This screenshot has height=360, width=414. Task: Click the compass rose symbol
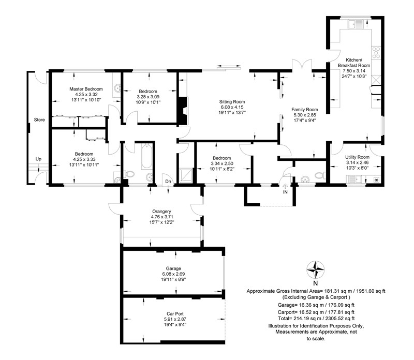pos(315,269)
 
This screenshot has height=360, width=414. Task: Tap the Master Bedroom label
pos(86,89)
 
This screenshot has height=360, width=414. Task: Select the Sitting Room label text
pos(232,101)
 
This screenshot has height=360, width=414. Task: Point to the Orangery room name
pos(161,212)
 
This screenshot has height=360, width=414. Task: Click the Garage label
pos(173,268)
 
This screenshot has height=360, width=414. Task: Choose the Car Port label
pos(175,314)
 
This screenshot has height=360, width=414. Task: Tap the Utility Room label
pos(357,157)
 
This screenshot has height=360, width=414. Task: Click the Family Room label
pos(305,109)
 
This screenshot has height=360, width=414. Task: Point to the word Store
pos(39,119)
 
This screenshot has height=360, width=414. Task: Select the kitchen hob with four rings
pos(376,53)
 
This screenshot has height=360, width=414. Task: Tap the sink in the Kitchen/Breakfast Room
pos(356,24)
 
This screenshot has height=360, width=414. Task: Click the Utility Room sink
pos(354,179)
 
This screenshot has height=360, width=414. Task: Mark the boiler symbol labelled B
pos(377,180)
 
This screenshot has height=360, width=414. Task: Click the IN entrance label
pos(285,192)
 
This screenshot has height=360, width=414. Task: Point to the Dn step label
pos(168,182)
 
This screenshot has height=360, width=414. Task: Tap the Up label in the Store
pos(38,159)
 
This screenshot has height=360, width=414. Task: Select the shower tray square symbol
pos(186,175)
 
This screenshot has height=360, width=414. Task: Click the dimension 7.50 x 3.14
pos(354,71)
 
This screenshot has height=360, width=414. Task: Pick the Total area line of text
pos(316,318)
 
